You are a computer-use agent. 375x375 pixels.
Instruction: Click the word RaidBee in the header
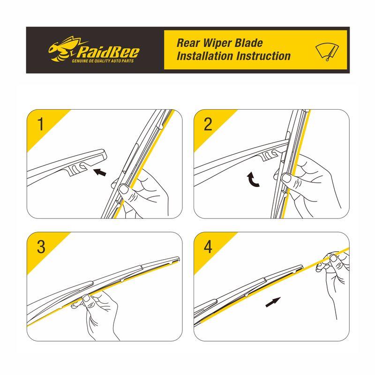pos(108,52)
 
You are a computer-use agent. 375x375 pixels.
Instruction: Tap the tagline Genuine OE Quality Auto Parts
pos(103,61)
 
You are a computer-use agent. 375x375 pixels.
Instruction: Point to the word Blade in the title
pos(249,43)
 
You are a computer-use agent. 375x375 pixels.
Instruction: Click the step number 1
pos(41,124)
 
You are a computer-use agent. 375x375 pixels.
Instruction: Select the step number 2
pos(208,124)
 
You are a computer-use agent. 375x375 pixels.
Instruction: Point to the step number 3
pos(41,247)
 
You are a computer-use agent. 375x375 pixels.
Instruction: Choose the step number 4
pos(208,247)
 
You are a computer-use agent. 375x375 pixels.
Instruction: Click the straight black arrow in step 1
pos(99,172)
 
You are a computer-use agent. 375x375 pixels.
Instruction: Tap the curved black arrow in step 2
pos(252,180)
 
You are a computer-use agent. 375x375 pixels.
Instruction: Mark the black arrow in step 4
pos(273,302)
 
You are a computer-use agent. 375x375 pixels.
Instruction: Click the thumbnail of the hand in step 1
pos(124,189)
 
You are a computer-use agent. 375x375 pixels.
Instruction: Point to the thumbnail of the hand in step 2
pos(286,178)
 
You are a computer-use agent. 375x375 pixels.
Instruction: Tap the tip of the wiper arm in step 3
pos(178,259)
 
